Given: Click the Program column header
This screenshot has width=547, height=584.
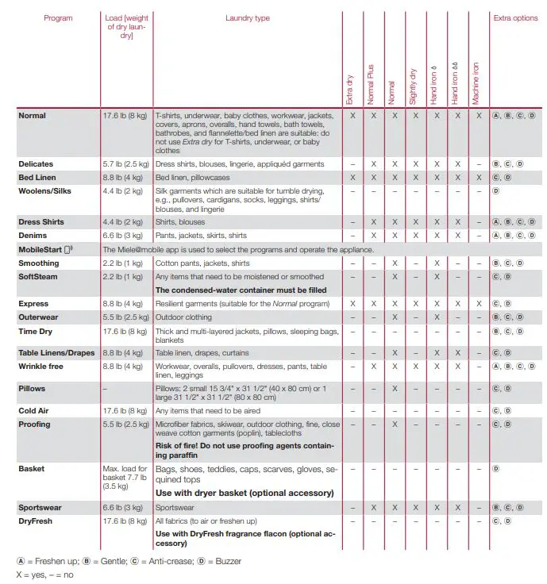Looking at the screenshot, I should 58,18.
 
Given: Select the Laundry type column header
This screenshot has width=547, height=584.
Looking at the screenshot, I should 247,18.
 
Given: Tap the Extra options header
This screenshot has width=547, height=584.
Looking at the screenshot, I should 515,18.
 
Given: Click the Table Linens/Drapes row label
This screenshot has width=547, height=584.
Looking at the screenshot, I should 56,352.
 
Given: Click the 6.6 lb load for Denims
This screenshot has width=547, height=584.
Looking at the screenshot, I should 123,236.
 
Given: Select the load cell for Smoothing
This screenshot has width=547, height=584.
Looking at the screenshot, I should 123,263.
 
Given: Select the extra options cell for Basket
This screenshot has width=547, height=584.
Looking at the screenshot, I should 495,469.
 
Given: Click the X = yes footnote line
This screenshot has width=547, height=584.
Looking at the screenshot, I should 44,574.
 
